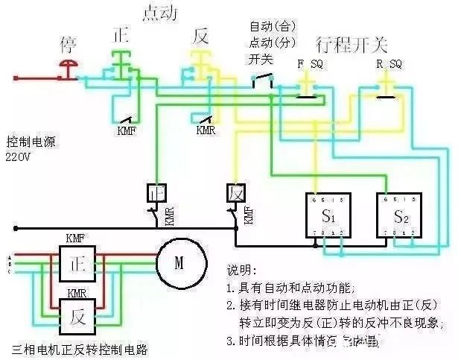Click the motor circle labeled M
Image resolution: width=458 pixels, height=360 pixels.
coord(179,262)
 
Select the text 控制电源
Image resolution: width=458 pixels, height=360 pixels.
coord(31,142)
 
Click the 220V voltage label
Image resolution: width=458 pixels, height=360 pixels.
coord(19,157)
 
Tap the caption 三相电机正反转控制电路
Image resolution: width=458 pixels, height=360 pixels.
coord(80,348)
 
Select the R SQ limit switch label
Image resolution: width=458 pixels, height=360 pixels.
coord(388,65)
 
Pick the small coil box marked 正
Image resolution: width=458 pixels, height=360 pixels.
coord(156,192)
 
